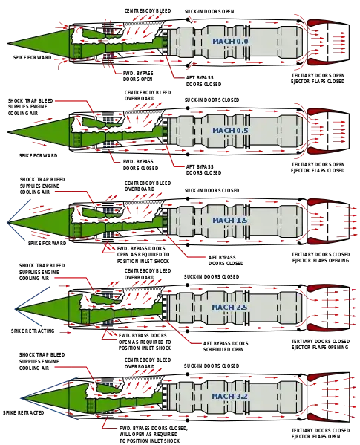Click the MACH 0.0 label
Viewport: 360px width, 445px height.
pyautogui.click(x=230, y=42)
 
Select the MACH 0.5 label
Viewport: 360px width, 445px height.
pyautogui.click(x=230, y=131)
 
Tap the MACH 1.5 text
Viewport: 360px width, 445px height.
pyautogui.click(x=230, y=220)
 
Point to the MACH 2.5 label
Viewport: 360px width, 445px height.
pyautogui.click(x=229, y=308)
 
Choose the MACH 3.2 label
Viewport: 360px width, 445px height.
pyautogui.click(x=229, y=397)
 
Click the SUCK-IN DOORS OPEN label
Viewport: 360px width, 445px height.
pyautogui.click(x=209, y=12)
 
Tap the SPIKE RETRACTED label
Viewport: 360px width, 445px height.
pyautogui.click(x=24, y=412)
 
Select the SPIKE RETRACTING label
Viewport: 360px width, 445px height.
pyautogui.click(x=33, y=331)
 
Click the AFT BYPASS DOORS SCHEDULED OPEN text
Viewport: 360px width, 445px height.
pyautogui.click(x=226, y=346)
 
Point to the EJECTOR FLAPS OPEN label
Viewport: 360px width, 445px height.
pyautogui.click(x=316, y=437)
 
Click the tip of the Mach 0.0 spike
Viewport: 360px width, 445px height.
pyautogui.click(x=7, y=44)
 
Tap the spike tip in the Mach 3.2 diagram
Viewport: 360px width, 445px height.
pyautogui.click(x=21, y=397)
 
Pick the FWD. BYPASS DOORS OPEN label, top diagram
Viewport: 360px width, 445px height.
pyautogui.click(x=138, y=76)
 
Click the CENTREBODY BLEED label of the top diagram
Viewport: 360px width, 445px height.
pyautogui.click(x=148, y=11)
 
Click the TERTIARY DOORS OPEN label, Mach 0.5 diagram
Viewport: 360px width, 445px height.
pyautogui.click(x=318, y=165)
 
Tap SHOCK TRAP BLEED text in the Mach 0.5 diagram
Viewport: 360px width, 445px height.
pyautogui.click(x=30, y=101)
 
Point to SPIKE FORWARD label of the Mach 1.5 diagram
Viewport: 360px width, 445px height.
pyautogui.click(x=47, y=243)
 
